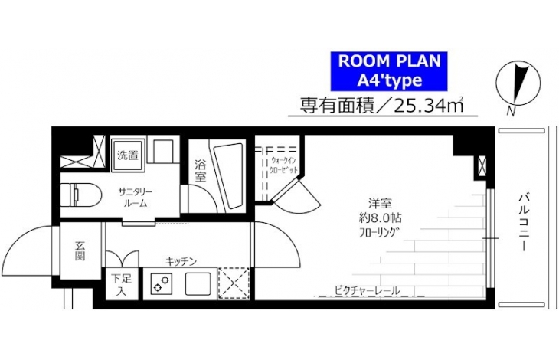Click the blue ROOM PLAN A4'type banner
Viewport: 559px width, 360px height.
[389, 71]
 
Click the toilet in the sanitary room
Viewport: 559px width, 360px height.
[80, 195]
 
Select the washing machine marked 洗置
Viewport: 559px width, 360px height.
[128, 155]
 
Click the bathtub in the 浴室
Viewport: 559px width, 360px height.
[227, 175]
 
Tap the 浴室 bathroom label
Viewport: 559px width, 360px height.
[201, 171]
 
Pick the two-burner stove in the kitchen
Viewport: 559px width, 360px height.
[161, 283]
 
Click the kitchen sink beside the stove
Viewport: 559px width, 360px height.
[198, 283]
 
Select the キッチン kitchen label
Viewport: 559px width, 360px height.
[181, 262]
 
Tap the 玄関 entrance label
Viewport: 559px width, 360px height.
[80, 251]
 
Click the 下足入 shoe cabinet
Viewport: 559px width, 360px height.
[122, 284]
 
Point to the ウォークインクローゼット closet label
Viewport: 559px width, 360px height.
[284, 165]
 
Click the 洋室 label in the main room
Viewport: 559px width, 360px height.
[380, 204]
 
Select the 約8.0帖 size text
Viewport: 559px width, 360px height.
[380, 218]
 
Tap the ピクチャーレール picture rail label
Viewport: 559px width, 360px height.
[367, 291]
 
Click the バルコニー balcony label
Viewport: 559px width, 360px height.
[523, 221]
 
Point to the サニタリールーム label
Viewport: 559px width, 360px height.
[136, 198]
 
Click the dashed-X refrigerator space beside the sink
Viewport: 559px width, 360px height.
[234, 283]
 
